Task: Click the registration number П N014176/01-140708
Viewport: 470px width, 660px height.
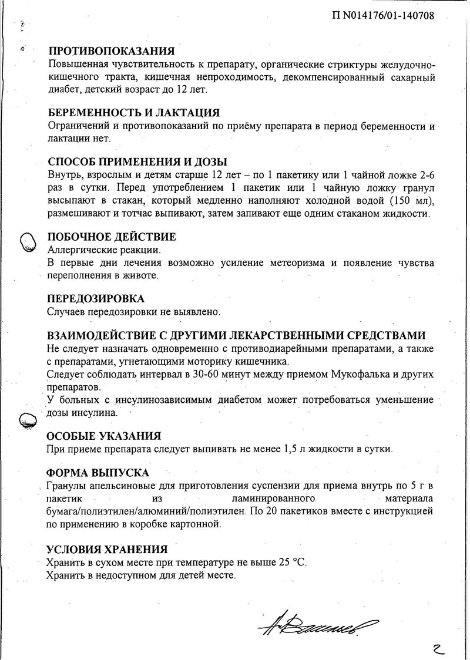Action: tap(382, 16)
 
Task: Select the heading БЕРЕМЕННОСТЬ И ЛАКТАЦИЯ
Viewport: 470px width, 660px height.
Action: tap(133, 113)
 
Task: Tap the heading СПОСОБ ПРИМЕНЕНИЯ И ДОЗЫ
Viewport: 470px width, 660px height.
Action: tap(137, 162)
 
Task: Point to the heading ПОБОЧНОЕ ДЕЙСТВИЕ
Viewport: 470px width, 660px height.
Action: tap(111, 237)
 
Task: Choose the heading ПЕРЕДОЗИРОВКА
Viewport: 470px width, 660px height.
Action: tap(95, 299)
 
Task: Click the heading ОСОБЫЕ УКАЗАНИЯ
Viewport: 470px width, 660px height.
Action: tap(103, 436)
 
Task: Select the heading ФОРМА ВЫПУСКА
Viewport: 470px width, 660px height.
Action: tap(98, 473)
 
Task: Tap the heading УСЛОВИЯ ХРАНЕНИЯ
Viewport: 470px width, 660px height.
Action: tap(107, 550)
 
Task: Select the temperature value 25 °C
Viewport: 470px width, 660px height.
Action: tap(292, 563)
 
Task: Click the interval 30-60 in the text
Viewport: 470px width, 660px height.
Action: tap(200, 375)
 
